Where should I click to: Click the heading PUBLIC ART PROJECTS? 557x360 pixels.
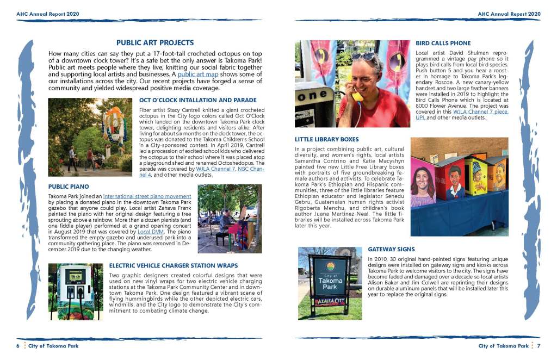[x=155, y=42]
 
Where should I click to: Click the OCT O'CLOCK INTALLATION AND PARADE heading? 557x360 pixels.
[x=197, y=101]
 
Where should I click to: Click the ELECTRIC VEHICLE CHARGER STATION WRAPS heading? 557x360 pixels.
[x=173, y=265]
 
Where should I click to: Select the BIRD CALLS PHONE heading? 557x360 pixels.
[x=443, y=43]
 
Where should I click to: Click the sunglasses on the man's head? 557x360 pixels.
[x=362, y=56]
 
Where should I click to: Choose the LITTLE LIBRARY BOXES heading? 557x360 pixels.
[x=326, y=139]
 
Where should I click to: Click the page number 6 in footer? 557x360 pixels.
[x=17, y=346]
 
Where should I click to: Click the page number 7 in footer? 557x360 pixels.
[x=539, y=346]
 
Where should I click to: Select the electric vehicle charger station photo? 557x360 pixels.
[x=75, y=291]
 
